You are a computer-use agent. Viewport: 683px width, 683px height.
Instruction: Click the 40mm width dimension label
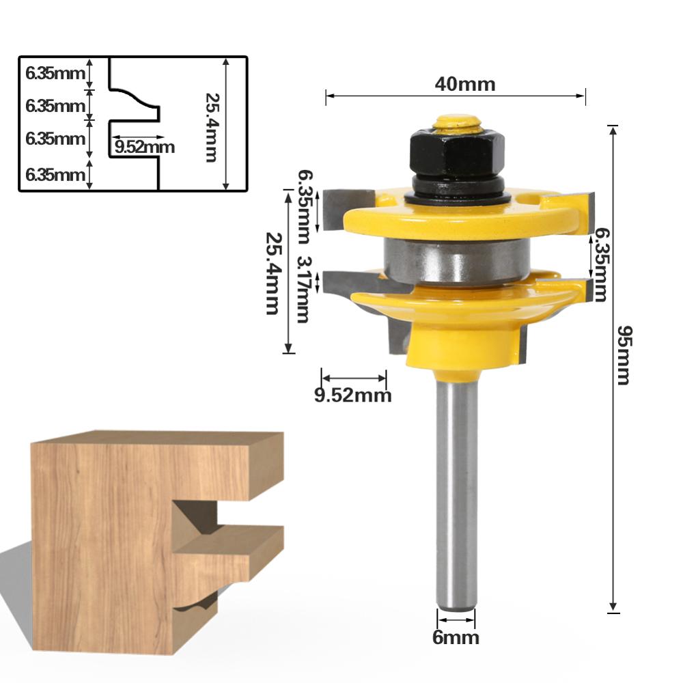pyautogui.click(x=464, y=84)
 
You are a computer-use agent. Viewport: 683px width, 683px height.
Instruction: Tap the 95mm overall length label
pyautogui.click(x=623, y=355)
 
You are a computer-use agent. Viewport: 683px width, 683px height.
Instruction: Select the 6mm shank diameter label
pyautogui.click(x=456, y=638)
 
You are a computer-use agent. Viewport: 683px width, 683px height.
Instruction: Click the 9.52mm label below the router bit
pyautogui.click(x=353, y=395)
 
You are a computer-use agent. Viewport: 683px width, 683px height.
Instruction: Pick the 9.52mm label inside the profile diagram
pyautogui.click(x=145, y=147)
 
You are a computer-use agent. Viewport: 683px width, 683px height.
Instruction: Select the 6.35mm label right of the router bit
pyautogui.click(x=600, y=265)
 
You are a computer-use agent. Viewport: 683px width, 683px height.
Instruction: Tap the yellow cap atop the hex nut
pyautogui.click(x=457, y=123)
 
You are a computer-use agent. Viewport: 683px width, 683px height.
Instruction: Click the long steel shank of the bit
pyautogui.click(x=456, y=492)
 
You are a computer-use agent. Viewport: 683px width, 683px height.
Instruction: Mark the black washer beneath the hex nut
pyautogui.click(x=456, y=195)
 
